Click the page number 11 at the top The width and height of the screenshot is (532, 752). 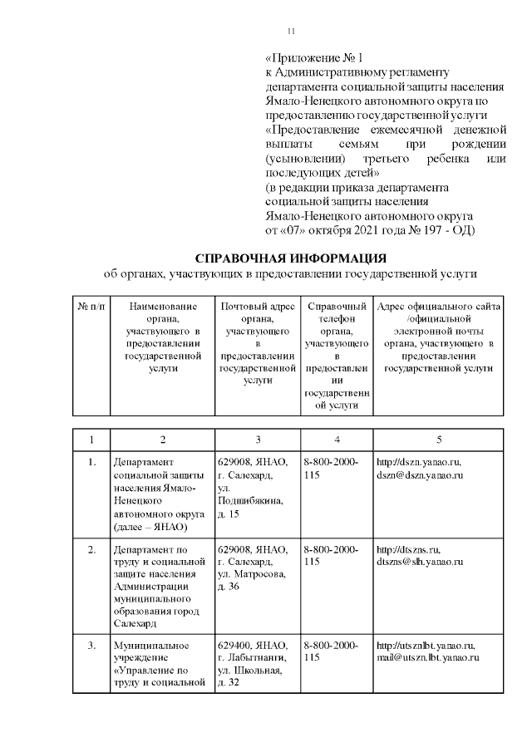(x=291, y=31)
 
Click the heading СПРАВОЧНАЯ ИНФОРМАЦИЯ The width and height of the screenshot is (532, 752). (x=291, y=258)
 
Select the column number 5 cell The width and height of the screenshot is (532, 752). (x=439, y=439)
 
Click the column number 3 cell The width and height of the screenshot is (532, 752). (x=258, y=439)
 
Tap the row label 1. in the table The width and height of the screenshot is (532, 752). (x=91, y=462)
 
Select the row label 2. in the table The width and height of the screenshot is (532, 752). (x=91, y=550)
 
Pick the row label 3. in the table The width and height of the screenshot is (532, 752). (x=91, y=645)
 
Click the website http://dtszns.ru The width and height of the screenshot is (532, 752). (x=409, y=550)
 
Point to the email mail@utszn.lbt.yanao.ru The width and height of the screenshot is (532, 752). (x=429, y=657)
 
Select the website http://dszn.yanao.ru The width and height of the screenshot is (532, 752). (x=419, y=462)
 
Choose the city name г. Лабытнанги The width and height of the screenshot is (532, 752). (x=252, y=657)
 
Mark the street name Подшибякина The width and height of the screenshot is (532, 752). (x=249, y=502)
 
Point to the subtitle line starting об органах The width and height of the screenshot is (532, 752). (x=291, y=273)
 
